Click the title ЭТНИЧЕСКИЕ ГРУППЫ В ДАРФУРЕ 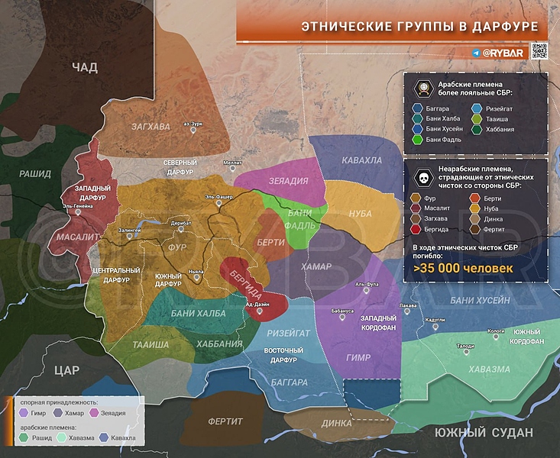coord(419,27)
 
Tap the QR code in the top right coord(539,51)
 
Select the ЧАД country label coord(85,68)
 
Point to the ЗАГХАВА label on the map coord(150,126)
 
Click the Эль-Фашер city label coord(218,198)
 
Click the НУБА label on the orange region coord(359,214)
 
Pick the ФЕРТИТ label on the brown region coord(226,421)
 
